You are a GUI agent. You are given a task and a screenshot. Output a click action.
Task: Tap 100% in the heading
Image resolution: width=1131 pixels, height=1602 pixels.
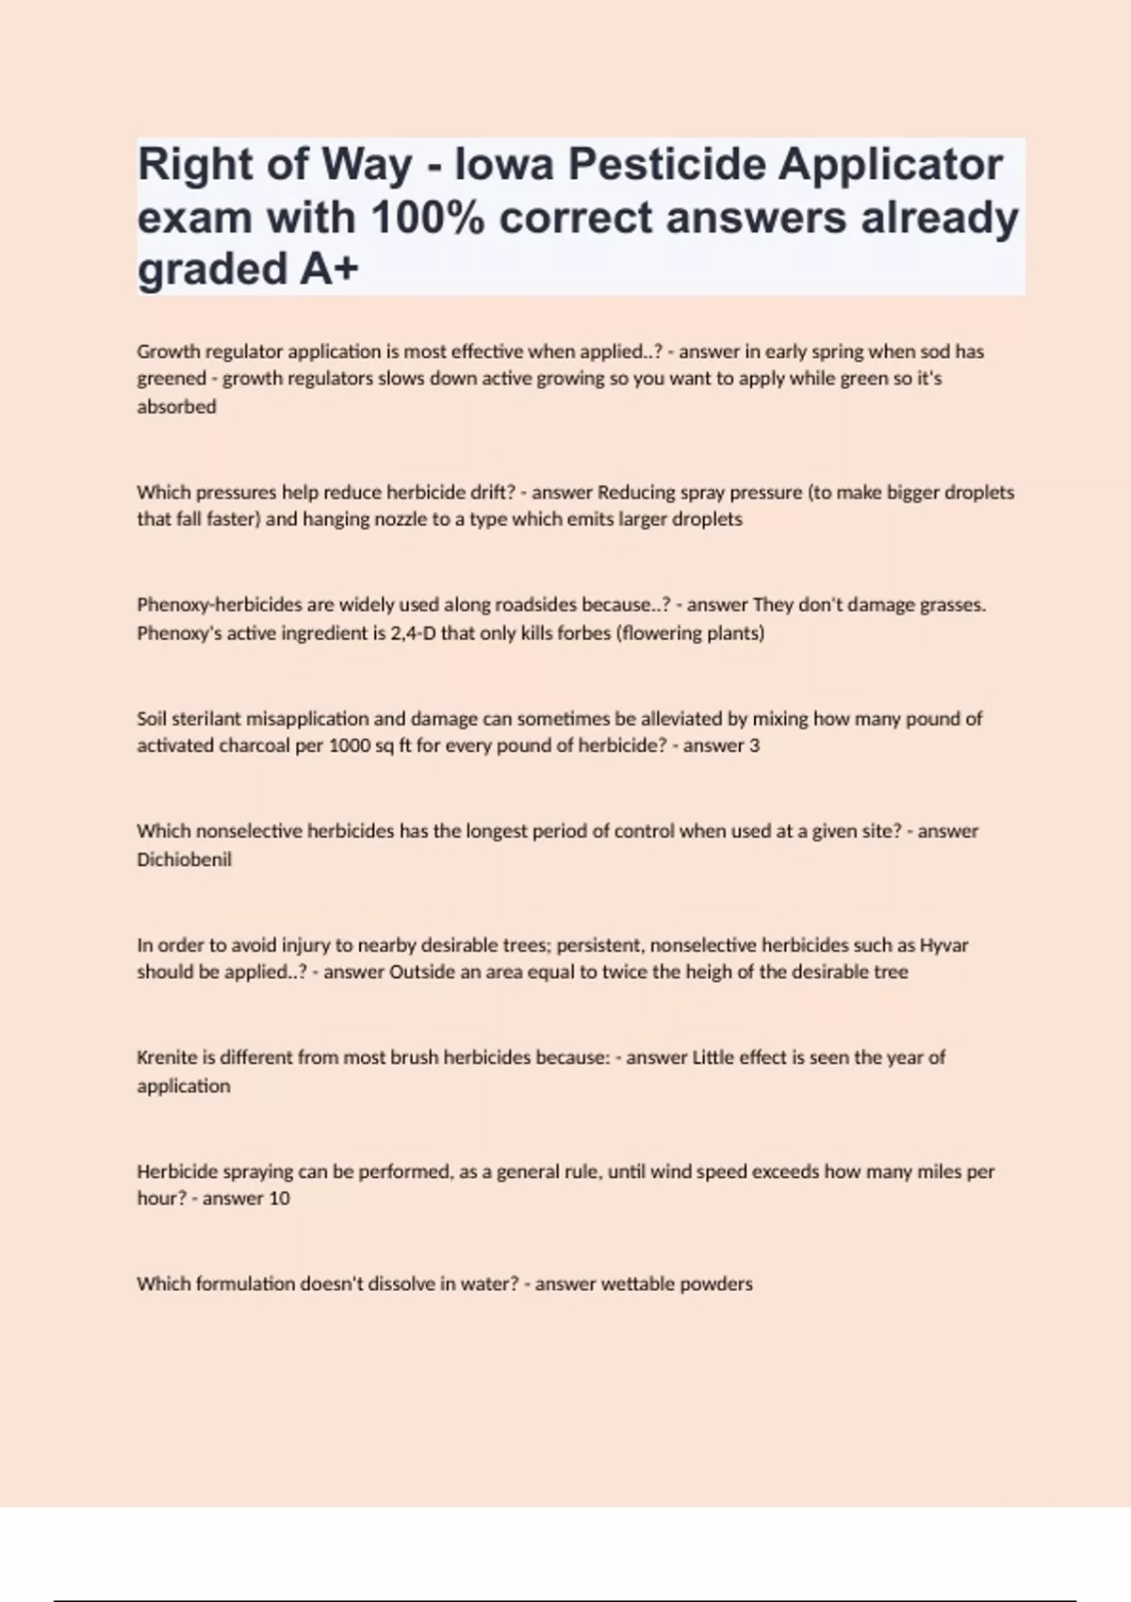point(428,218)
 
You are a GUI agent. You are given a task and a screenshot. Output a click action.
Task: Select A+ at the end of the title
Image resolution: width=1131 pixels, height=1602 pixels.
point(330,270)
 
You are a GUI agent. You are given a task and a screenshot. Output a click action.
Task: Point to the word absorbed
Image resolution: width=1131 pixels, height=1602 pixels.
point(176,407)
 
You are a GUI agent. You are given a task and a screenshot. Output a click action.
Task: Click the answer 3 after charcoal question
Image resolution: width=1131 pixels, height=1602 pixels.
point(754,746)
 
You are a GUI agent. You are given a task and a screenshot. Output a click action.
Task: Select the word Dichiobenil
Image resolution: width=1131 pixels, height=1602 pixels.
point(184,859)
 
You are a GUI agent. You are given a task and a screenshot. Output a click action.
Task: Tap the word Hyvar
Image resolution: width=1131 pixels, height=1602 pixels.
point(943,945)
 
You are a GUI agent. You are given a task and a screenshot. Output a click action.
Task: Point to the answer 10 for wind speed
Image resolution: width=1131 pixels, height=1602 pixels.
point(280,1199)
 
